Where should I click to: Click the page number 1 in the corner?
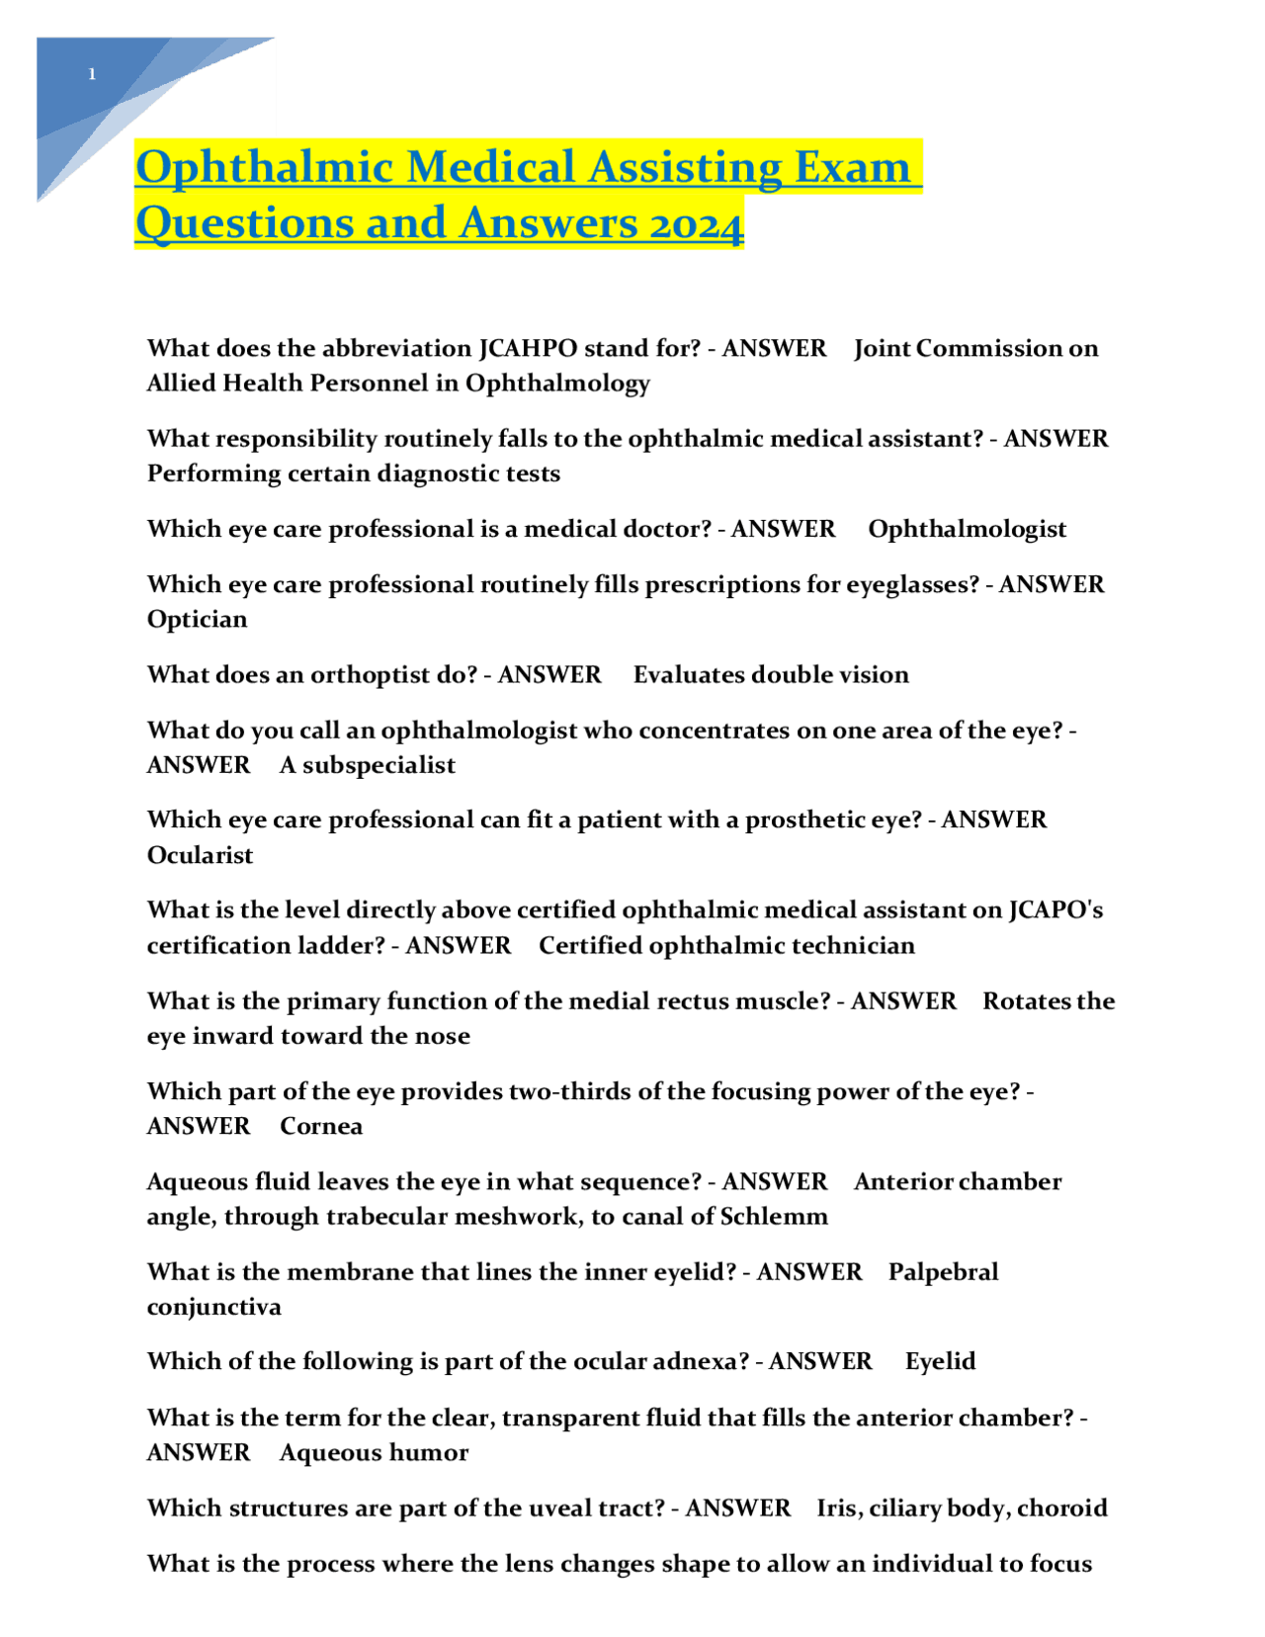click(x=92, y=74)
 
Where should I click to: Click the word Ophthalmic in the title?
click(x=264, y=167)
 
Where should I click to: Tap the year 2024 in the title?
click(x=696, y=223)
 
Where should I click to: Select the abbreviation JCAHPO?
click(x=528, y=348)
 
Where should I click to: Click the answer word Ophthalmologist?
click(x=967, y=529)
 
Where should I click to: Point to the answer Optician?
click(x=197, y=619)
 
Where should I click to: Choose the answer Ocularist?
click(x=200, y=855)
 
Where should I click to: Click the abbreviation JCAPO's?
click(x=1055, y=909)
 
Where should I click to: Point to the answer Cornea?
click(x=321, y=1127)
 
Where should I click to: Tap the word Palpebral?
click(x=943, y=1271)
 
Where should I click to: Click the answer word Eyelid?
click(x=940, y=1361)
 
